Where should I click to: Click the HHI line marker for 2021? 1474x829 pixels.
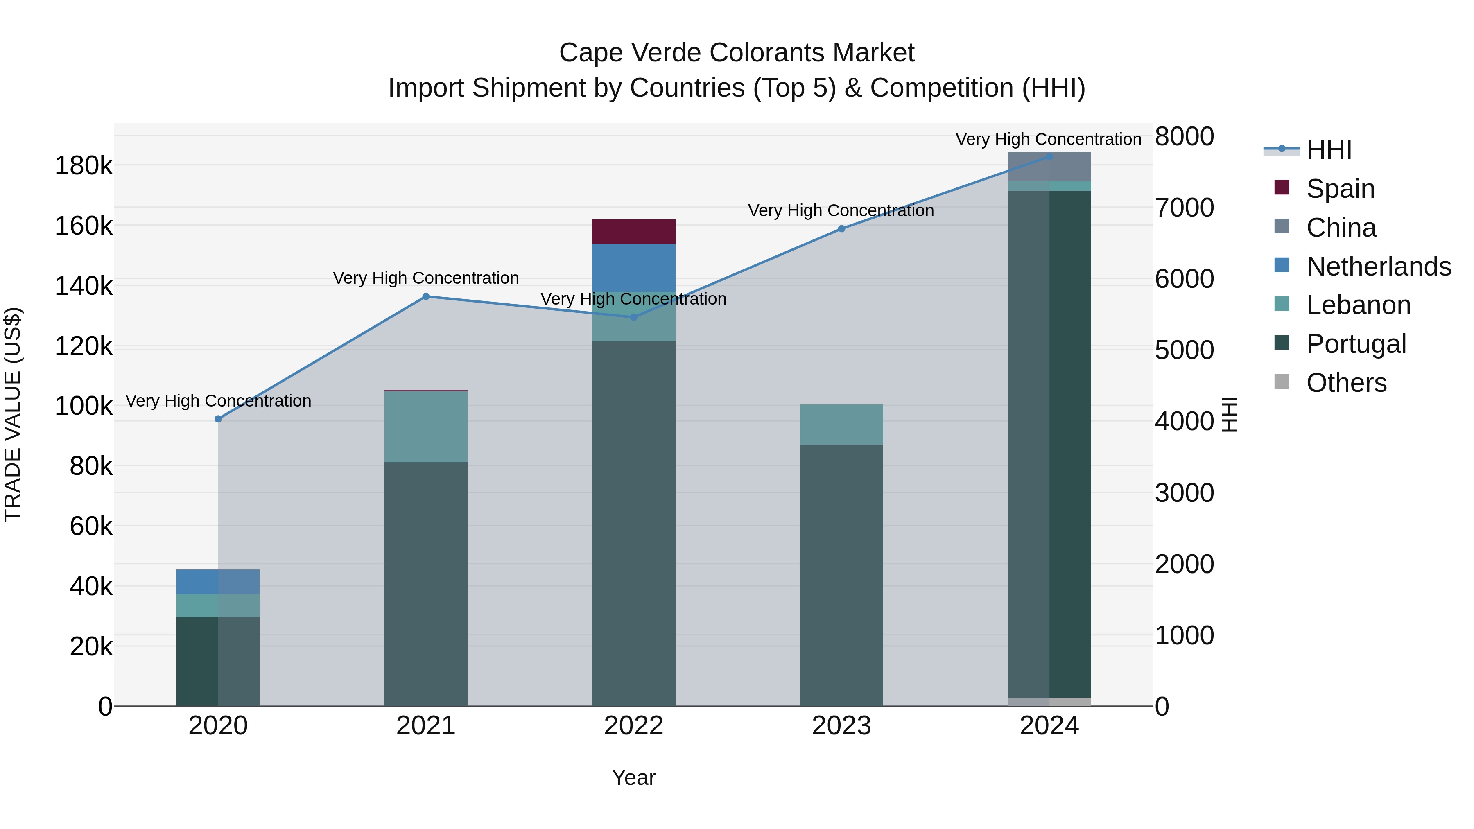426,296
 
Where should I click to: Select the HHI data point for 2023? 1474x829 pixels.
841,229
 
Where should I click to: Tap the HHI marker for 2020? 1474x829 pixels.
218,419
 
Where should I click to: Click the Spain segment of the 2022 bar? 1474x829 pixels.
633,232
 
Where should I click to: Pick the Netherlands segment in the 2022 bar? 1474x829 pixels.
633,268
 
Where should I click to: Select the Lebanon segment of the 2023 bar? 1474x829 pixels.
841,425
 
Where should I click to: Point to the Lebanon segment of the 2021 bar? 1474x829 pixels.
426,427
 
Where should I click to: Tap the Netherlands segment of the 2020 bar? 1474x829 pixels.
218,582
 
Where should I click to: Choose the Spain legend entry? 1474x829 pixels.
1341,189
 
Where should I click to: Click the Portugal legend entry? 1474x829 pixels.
1356,344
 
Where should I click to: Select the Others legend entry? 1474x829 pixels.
1346,383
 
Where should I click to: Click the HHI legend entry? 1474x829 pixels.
1329,150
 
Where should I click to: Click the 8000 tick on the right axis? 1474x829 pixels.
1184,137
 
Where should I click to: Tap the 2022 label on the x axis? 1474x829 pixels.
633,726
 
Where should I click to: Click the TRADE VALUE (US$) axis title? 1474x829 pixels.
13,414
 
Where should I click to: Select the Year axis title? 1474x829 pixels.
633,777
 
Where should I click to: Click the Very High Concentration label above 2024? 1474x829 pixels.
1048,139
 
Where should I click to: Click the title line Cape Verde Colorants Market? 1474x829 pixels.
737,53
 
